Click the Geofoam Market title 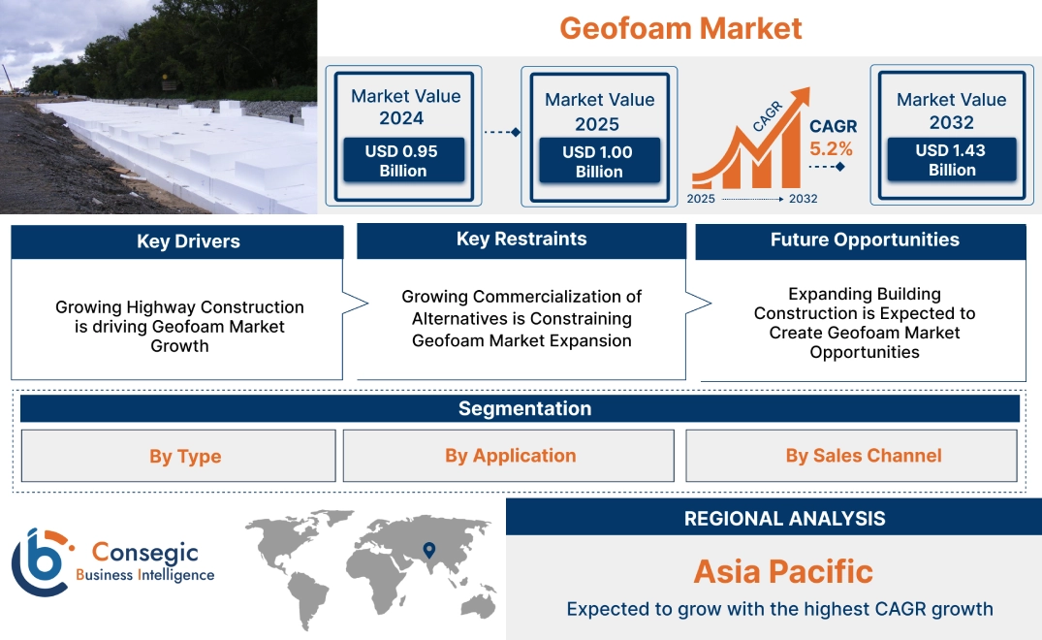(680, 28)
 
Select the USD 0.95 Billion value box (403, 161)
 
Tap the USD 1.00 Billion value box (599, 162)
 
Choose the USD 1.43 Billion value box (952, 160)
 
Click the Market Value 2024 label (405, 107)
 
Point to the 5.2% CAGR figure (832, 148)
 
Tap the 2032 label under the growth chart (803, 199)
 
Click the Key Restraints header (521, 240)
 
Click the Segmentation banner (524, 408)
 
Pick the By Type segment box (184, 456)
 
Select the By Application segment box (510, 456)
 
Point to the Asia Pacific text (783, 571)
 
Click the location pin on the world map (427, 552)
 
